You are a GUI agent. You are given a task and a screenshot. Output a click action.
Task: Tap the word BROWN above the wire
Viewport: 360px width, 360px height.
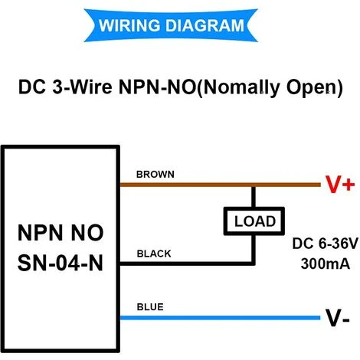pyautogui.click(x=155, y=174)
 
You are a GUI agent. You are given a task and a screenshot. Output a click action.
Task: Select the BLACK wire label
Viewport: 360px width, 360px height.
pyautogui.click(x=154, y=254)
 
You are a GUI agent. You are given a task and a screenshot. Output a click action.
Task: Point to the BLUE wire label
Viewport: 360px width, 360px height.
pyautogui.click(x=149, y=307)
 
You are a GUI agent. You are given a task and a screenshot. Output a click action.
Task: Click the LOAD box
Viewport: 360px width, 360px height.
pyautogui.click(x=254, y=221)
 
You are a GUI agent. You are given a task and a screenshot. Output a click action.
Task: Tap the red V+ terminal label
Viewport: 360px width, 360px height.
pyautogui.click(x=339, y=185)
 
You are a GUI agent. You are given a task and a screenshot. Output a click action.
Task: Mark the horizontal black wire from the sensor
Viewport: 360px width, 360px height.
pyautogui.click(x=184, y=263)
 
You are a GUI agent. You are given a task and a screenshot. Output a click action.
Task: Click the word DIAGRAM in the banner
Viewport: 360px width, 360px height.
pyautogui.click(x=205, y=25)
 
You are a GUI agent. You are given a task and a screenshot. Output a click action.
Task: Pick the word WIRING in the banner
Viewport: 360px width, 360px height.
pyautogui.click(x=131, y=25)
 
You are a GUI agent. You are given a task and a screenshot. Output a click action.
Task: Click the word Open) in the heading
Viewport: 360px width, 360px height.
pyautogui.click(x=312, y=86)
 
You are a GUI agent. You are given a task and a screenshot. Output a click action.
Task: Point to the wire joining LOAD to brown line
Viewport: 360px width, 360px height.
pyautogui.click(x=254, y=197)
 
